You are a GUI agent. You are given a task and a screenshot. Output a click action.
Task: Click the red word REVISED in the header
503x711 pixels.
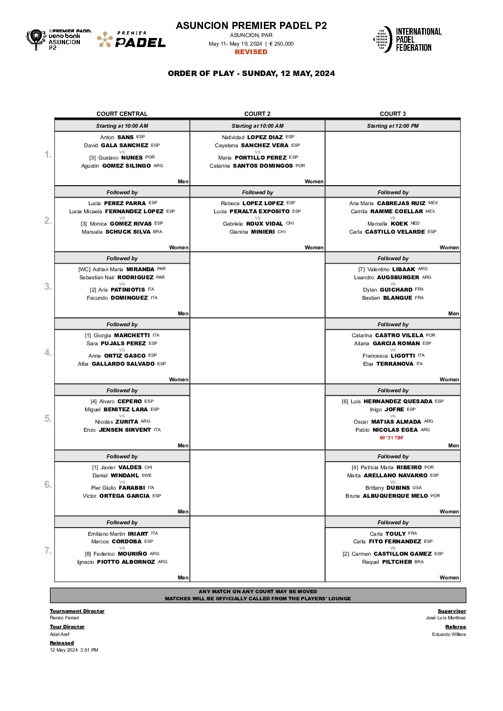coord(251,52)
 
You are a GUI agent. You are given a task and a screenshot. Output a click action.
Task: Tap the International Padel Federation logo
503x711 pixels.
coord(408,39)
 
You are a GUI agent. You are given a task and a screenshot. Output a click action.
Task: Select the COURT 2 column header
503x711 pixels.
coord(257,114)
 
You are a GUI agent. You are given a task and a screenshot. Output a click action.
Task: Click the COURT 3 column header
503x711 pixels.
coord(393,114)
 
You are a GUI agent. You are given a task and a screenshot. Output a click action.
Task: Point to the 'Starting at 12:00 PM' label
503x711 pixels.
coord(393,126)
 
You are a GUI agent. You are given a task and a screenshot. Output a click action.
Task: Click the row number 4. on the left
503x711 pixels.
coord(48,352)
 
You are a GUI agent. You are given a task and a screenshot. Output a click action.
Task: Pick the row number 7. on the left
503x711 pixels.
coord(48,550)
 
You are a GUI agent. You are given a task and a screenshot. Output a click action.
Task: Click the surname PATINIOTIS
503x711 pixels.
coord(127,290)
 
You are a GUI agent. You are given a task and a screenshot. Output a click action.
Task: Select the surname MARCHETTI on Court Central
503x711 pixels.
coord(132,335)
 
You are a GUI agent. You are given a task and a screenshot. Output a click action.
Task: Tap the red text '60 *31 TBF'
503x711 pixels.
coord(392,438)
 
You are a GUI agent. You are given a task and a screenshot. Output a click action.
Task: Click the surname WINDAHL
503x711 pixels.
coord(125,475)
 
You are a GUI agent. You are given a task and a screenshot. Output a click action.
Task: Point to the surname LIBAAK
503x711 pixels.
coord(404,269)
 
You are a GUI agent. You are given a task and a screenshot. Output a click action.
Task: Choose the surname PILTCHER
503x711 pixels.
coord(397,562)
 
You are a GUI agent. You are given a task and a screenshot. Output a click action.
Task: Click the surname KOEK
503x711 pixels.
coord(399,224)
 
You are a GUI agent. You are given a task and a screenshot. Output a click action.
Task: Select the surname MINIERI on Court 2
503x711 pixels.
coord(263,232)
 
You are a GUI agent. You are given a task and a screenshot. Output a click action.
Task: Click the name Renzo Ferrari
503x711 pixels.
coord(65,618)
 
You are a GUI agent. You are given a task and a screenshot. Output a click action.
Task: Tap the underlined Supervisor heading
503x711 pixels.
coord(452,611)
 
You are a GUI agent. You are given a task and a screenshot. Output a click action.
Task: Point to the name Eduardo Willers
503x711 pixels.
coord(449,635)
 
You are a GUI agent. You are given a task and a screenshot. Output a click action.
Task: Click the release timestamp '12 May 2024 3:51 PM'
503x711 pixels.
coord(74,650)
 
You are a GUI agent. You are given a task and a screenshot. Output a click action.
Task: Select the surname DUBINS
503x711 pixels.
coord(398,488)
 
